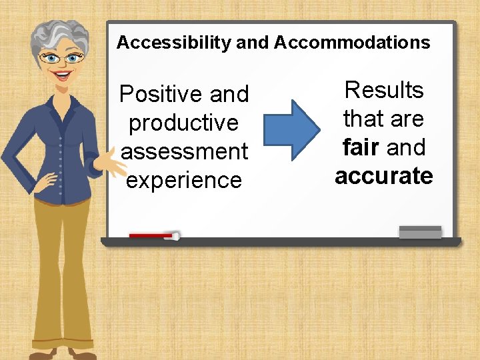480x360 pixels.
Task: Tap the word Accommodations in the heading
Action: (x=352, y=43)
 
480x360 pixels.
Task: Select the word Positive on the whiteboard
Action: (x=161, y=95)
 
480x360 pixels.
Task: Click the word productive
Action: (x=183, y=123)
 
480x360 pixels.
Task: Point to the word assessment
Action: (x=185, y=152)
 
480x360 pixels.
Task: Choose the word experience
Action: (x=184, y=181)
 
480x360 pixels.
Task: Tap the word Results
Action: (x=384, y=90)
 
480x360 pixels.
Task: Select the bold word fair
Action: (x=361, y=147)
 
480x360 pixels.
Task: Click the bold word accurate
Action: (x=384, y=176)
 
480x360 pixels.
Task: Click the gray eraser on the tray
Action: (x=420, y=232)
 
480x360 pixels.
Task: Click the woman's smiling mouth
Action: (x=64, y=75)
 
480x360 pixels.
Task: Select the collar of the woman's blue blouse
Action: (x=67, y=100)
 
